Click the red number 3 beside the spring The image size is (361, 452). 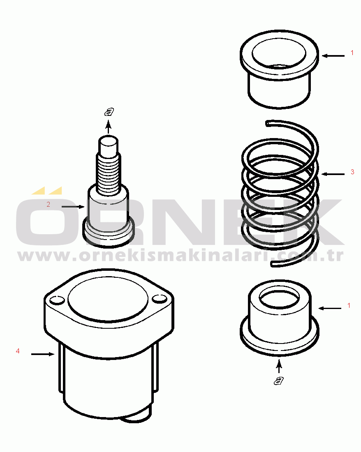pyautogui.click(x=352, y=172)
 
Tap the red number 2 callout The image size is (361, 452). pyautogui.click(x=48, y=204)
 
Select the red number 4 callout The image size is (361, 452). pyautogui.click(x=18, y=351)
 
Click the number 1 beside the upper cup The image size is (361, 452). pyautogui.click(x=352, y=53)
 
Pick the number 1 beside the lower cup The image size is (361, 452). pyautogui.click(x=349, y=305)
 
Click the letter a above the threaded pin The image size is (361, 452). pyautogui.click(x=109, y=111)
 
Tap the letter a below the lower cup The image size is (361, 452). pyautogui.click(x=278, y=381)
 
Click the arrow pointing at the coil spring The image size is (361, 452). pyautogui.click(x=333, y=174)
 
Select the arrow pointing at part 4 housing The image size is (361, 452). pyautogui.click(x=43, y=354)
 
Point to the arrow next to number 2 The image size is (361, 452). pyautogui.click(x=73, y=207)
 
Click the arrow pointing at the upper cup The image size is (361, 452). pyautogui.click(x=333, y=56)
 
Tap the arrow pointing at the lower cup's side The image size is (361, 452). pyautogui.click(x=330, y=309)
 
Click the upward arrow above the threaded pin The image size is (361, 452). pyautogui.click(x=109, y=127)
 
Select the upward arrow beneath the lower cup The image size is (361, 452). pyautogui.click(x=278, y=366)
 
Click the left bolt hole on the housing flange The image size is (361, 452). pyautogui.click(x=57, y=300)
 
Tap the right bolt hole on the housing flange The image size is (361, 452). pyautogui.click(x=159, y=299)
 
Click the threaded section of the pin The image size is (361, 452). pyautogui.click(x=109, y=173)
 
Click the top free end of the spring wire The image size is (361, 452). pyautogui.click(x=267, y=123)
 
